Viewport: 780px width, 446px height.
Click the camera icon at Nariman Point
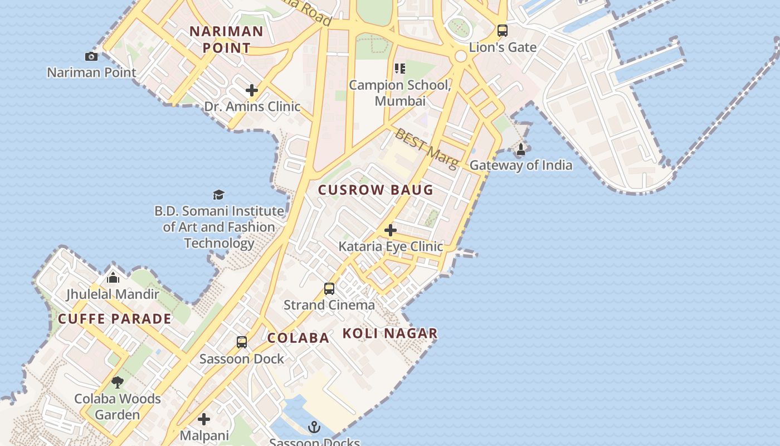(91, 56)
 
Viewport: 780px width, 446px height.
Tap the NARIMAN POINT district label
(226, 39)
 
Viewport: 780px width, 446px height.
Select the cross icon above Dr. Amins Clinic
(252, 90)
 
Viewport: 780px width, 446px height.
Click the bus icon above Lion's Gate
(502, 30)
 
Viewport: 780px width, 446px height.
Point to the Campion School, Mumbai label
(400, 93)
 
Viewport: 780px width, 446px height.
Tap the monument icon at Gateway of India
(521, 149)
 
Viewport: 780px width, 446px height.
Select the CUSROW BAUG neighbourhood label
(376, 190)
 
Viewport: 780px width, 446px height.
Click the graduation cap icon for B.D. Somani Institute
(218, 195)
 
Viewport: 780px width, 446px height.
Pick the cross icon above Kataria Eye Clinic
(391, 230)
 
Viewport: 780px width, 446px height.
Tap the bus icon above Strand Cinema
(329, 288)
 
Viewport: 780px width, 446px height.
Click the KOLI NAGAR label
(390, 333)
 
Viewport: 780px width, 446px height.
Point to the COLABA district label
(299, 338)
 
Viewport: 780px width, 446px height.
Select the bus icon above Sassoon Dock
(242, 342)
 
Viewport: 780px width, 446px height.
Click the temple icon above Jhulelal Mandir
(113, 277)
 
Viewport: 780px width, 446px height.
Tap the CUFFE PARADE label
(115, 319)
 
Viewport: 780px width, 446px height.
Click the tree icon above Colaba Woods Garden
(117, 382)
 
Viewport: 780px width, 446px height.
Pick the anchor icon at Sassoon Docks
(314, 427)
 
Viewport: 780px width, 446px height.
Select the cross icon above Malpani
(204, 419)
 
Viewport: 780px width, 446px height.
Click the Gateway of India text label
(521, 165)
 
